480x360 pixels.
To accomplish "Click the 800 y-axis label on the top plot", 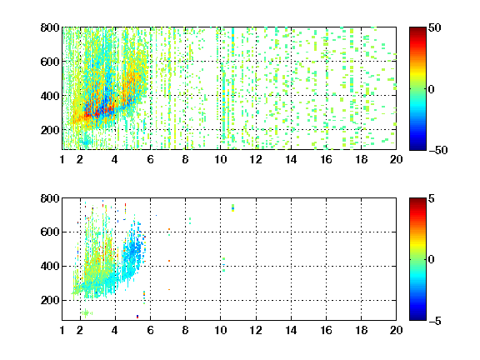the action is [50, 27].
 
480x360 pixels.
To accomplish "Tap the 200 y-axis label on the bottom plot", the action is [50, 300].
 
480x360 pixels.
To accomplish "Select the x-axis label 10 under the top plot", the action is [220, 159].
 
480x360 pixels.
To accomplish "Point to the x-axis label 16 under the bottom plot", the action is [327, 330].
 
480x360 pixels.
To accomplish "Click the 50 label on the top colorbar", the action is [434, 27].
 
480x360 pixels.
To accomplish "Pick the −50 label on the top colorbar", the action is [437, 150].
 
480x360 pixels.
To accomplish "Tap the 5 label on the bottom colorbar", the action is [432, 198].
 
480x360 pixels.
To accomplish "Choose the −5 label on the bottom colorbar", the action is [435, 321].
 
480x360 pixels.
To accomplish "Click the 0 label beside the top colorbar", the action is [432, 89].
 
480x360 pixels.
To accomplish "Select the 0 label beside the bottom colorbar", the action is [432, 260].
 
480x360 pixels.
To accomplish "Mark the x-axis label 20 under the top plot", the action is [396, 159].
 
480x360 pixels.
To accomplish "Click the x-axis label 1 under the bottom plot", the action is [62, 330].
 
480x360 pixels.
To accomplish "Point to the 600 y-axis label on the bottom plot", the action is [50, 232].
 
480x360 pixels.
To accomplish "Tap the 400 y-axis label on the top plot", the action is [50, 96].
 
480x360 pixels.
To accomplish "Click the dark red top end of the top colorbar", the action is [417, 29].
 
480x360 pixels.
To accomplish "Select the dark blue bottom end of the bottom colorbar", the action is [417, 318].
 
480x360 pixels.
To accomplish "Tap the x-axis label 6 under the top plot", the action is [150, 159].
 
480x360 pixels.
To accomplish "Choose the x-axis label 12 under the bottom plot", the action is [256, 330].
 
